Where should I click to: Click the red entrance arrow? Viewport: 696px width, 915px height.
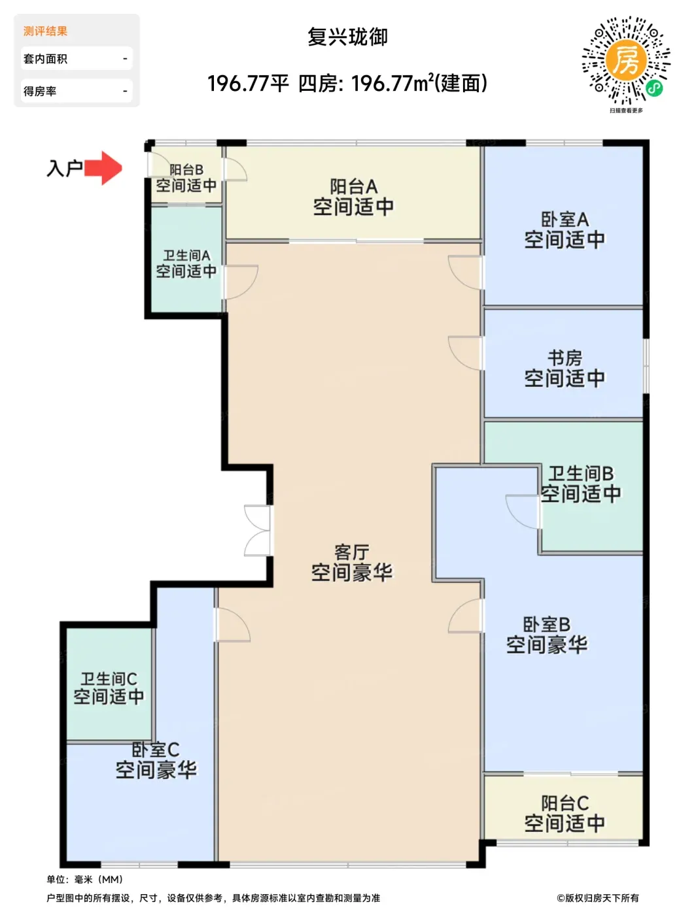103,168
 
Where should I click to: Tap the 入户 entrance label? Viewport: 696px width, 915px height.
65,169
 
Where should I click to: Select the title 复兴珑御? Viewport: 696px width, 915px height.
347,37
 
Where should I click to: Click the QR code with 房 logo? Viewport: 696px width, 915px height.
625,60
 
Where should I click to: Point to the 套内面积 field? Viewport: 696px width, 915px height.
77,59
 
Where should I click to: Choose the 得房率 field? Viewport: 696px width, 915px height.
77,91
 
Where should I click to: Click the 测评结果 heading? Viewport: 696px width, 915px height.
45,31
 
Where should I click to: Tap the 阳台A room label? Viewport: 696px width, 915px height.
354,187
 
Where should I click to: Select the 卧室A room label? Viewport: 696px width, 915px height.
565,220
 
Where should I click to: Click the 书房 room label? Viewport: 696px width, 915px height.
565,358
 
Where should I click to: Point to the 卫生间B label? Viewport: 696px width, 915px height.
581,474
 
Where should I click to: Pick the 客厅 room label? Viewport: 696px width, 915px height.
351,552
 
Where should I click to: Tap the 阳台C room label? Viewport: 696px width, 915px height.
565,803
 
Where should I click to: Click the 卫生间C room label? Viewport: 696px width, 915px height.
109,679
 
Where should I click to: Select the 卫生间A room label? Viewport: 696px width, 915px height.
186,255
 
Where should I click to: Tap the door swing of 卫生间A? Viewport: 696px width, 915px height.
241,282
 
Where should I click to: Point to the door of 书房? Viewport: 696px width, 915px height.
466,353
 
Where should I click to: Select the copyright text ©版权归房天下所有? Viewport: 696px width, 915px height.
598,897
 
